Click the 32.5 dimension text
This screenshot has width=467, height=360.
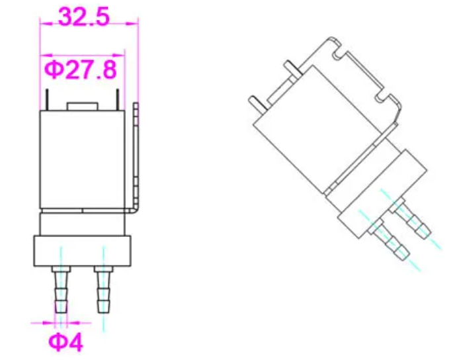[x=84, y=17]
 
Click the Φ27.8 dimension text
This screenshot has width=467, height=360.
[x=81, y=69]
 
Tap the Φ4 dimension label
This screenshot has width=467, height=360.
[x=66, y=342]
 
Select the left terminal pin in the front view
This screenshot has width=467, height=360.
[x=47, y=99]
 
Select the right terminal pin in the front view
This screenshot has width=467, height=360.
[x=118, y=99]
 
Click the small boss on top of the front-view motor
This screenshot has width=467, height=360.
[x=83, y=107]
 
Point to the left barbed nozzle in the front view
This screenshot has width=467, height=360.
[x=61, y=289]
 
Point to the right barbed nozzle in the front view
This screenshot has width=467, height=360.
[x=103, y=289]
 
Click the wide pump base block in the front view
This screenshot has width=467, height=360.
[x=82, y=251]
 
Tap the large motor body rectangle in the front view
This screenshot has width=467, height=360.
[x=82, y=159]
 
